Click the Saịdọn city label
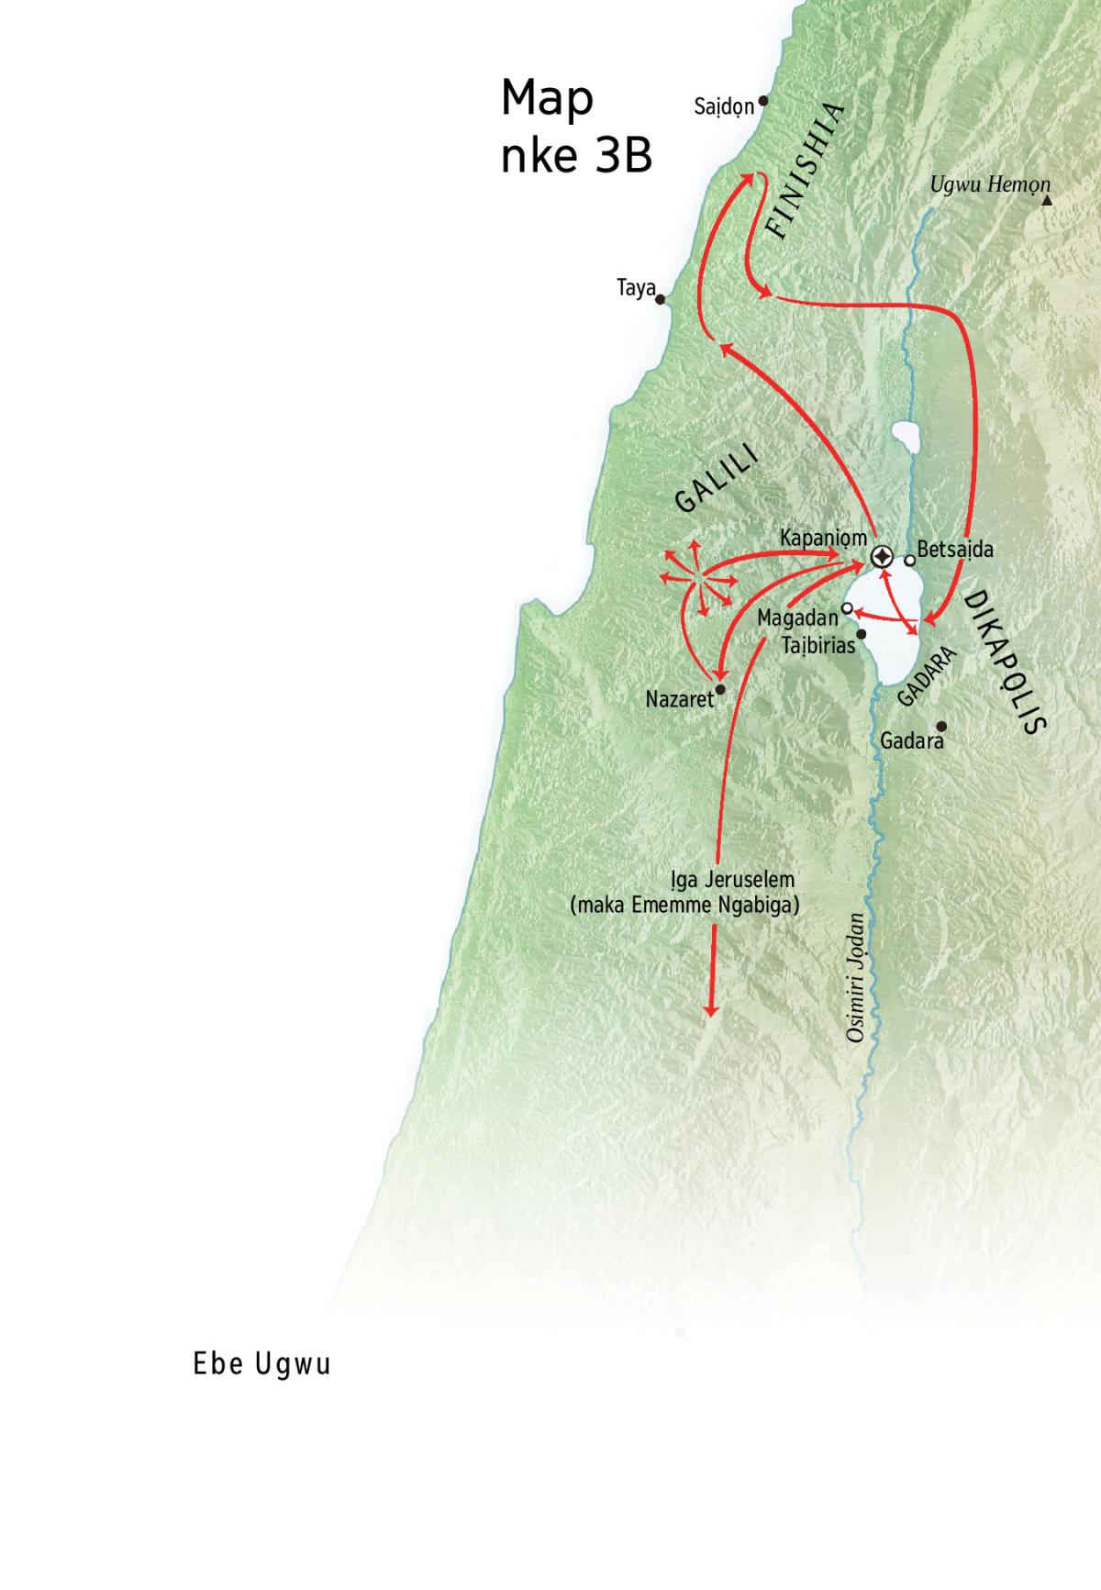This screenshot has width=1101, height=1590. tap(724, 107)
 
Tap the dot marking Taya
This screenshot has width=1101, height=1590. tap(661, 299)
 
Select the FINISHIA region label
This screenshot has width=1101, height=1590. tap(805, 171)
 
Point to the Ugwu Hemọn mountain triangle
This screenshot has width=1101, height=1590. tap(1047, 199)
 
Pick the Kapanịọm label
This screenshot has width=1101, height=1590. tap(823, 539)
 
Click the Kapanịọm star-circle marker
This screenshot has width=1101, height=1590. tap(882, 556)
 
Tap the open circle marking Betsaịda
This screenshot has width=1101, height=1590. tap(909, 560)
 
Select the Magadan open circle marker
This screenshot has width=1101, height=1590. tap(848, 607)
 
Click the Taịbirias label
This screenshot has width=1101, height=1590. tap(818, 645)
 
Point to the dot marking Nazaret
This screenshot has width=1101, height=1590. tap(720, 689)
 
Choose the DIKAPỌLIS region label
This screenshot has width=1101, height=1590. tap(1005, 662)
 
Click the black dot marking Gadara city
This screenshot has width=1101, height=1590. tap(940, 726)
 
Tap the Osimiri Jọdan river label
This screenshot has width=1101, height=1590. tap(856, 977)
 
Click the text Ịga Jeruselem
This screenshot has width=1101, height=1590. tap(732, 879)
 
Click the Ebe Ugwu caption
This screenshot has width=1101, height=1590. tap(261, 1364)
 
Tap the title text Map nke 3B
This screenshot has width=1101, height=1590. tap(575, 127)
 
